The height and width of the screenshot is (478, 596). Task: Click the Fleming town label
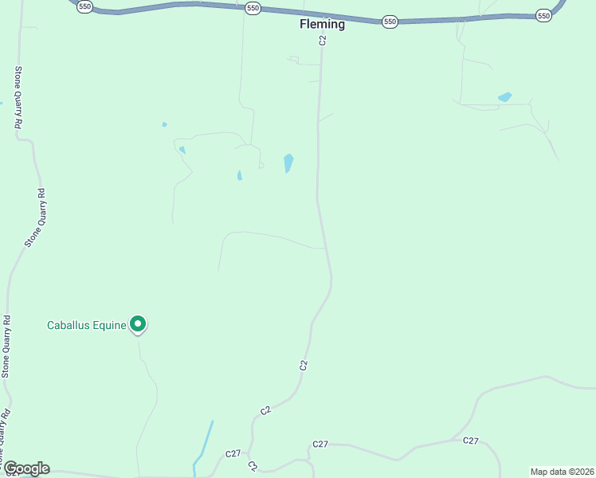point(322,24)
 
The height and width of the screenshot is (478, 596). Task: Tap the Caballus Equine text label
point(87,325)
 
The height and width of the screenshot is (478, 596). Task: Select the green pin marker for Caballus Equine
point(138,323)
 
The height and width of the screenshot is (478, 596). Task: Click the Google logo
point(26,468)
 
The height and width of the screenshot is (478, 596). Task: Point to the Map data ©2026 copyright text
point(563,472)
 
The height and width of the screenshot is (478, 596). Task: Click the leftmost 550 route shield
point(84,6)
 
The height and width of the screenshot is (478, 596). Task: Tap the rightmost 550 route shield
point(543,15)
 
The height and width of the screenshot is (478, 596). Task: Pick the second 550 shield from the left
point(253,8)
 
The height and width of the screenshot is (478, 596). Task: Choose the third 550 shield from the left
point(389,22)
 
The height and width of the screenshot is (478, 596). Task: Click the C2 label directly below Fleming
point(323,40)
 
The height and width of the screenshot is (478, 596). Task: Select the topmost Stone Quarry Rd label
point(17,97)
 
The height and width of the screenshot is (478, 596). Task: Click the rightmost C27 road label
point(471,441)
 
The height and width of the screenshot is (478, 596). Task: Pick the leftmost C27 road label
point(233,453)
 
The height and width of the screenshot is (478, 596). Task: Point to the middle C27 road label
point(320,444)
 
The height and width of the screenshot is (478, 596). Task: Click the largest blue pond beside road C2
point(288,163)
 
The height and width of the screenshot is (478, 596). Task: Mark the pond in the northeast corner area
point(504,97)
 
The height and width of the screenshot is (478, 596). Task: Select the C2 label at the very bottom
point(253,465)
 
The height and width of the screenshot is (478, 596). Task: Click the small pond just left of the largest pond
point(239,175)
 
